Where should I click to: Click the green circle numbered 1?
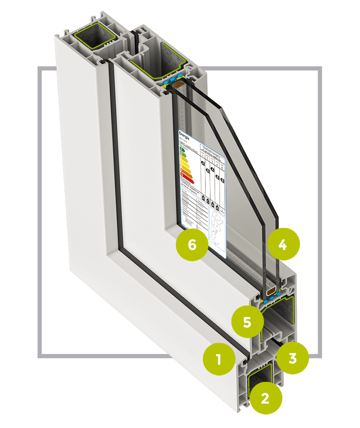pyautogui.click(x=219, y=359)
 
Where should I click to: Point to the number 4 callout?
pyautogui.click(x=283, y=244)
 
